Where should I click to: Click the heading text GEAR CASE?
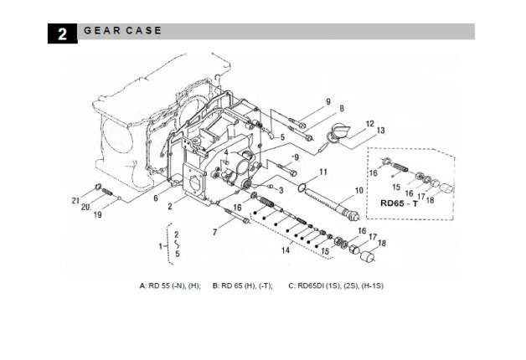pos(122,31)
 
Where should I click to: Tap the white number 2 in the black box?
pos(63,33)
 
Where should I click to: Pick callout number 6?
pos(156,198)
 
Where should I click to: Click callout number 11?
pos(322,172)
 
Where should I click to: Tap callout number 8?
pos(342,109)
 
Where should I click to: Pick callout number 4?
pos(226,152)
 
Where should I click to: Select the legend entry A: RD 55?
pos(170,285)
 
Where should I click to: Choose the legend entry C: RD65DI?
pos(335,285)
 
